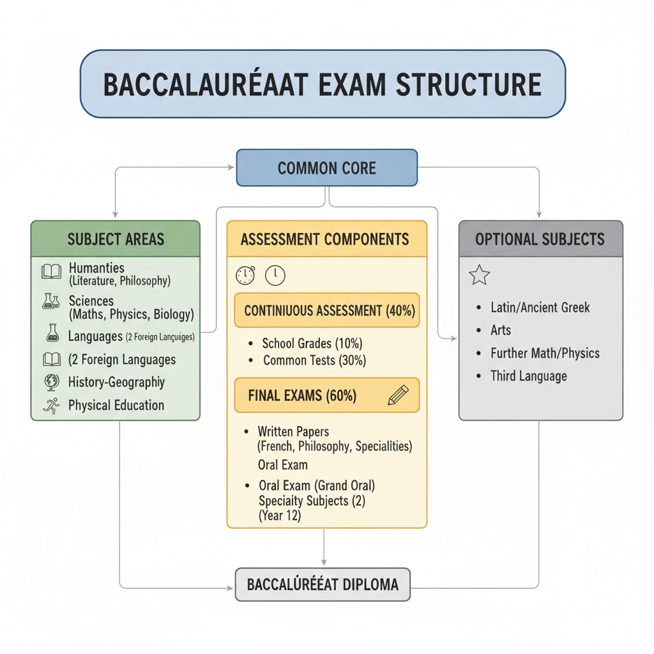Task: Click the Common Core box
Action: (x=326, y=168)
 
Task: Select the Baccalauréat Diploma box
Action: (x=323, y=584)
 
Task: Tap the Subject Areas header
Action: (x=116, y=240)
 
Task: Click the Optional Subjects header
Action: (x=540, y=240)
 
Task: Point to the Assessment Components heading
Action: (x=325, y=240)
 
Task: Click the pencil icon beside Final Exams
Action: (x=397, y=395)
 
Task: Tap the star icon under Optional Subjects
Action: (x=479, y=275)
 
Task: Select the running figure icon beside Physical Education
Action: (x=51, y=406)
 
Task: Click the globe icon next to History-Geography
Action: (x=51, y=382)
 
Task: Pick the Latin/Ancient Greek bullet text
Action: (x=540, y=307)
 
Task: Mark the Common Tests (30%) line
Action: (x=314, y=360)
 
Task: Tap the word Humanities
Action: (x=96, y=268)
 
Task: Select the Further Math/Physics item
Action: (x=545, y=353)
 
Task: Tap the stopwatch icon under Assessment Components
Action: (x=245, y=275)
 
